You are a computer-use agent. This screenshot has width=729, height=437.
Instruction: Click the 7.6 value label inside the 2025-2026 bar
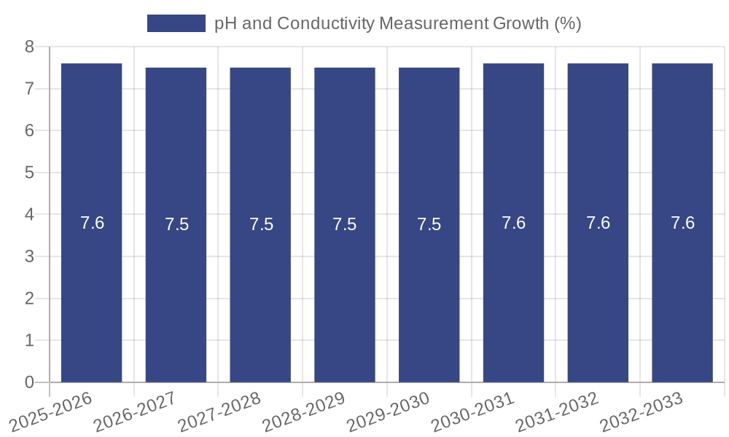pos(93,223)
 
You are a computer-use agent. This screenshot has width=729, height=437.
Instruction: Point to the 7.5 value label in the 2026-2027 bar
pos(176,224)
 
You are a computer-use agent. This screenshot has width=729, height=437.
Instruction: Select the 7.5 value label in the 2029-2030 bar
pos(429,224)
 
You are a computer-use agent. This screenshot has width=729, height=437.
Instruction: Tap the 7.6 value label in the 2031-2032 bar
pos(598,223)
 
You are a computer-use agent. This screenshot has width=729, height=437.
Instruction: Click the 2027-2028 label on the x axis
pos(219,412)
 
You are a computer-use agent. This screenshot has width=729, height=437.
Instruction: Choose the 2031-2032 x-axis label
pos(557,412)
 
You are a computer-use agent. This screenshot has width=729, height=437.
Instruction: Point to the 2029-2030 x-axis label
pos(388,412)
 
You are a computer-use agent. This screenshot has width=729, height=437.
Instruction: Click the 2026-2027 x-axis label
pos(135,412)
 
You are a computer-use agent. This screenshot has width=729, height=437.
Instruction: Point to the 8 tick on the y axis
pos(30,47)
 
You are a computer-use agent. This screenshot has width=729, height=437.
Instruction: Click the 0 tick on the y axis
pos(30,382)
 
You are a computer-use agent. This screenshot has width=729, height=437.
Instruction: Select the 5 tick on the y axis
pos(30,173)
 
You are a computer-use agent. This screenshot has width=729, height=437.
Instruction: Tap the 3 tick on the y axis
pos(30,257)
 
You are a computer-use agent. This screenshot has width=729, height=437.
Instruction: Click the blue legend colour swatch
pos(176,23)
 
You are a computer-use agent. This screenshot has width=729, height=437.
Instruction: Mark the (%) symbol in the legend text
pos(567,23)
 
